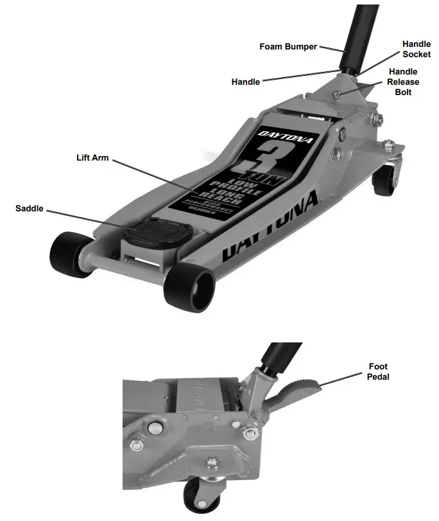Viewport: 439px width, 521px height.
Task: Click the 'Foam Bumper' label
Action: coord(288,47)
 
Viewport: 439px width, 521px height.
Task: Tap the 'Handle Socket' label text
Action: coord(416,49)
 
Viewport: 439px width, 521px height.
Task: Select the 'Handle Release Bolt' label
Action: coord(402,82)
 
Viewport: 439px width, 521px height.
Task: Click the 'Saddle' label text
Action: coord(30,209)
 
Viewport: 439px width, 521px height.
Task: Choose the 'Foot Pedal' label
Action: coord(378,372)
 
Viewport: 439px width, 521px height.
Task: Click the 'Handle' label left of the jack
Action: coord(245,82)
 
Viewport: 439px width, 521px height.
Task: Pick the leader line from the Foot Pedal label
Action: coord(343,379)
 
